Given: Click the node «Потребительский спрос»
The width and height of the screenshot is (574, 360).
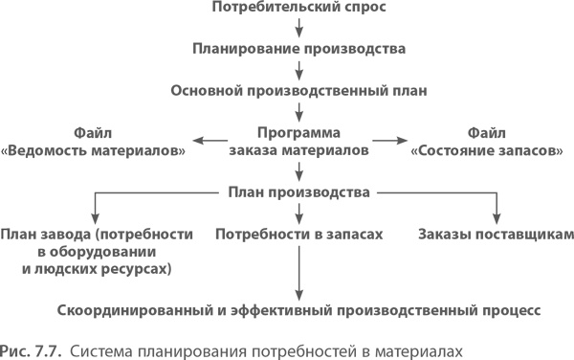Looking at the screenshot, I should (x=299, y=9).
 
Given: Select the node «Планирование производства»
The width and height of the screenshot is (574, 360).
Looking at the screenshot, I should (x=299, y=47).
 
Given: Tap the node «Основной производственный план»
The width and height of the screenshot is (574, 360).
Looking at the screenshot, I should (x=299, y=89).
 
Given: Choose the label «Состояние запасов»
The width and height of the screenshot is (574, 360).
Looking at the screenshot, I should (x=485, y=150).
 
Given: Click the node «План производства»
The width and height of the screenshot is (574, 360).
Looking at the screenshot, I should (x=299, y=192).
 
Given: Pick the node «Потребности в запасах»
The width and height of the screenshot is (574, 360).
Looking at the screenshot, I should (x=299, y=234).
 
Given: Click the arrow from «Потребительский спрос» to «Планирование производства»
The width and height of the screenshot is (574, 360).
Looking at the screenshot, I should (x=299, y=28).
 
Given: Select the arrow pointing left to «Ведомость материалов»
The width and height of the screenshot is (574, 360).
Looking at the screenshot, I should (x=210, y=142).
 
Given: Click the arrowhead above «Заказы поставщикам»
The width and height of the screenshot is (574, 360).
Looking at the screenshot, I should (x=497, y=216).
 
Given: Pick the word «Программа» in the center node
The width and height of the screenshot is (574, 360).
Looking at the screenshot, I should (x=299, y=133).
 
